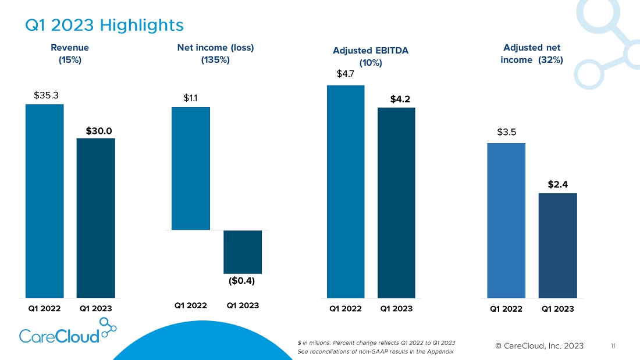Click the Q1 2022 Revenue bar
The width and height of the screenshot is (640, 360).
tap(44, 201)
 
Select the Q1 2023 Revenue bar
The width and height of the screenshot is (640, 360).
tap(95, 218)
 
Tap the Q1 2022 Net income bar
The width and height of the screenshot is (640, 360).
tap(191, 169)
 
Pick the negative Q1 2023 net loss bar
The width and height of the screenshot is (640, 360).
tap(243, 252)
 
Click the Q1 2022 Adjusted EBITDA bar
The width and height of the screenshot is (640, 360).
tap(346, 191)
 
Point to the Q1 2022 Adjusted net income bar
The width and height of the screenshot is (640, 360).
tap(506, 220)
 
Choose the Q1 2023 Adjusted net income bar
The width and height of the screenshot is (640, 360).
tap(557, 245)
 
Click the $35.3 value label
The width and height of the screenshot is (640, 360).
tap(46, 95)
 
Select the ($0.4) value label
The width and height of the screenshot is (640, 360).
tap(243, 281)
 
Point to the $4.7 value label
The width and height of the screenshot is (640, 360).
tap(345, 74)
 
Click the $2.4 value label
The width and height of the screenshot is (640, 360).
tap(557, 184)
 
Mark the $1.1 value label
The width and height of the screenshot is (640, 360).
tap(190, 98)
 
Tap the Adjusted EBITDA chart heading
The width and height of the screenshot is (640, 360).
tap(371, 56)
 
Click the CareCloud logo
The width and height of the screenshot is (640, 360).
tap(67, 332)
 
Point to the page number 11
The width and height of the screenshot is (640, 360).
tap(613, 346)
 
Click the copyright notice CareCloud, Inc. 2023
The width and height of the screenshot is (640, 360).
tap(539, 346)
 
